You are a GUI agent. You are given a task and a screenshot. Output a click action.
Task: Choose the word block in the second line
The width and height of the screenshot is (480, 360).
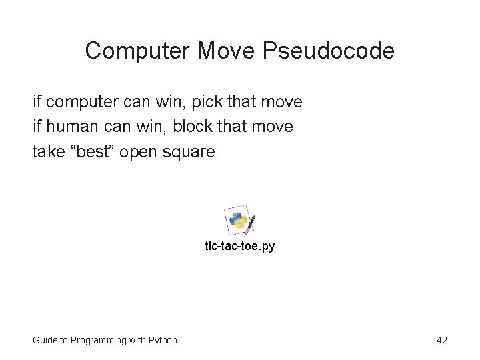tap(191, 127)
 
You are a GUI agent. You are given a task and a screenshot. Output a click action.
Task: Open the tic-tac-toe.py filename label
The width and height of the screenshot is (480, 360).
tap(239, 247)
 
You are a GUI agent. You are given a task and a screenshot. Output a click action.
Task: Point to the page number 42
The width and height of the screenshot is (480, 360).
tap(441, 340)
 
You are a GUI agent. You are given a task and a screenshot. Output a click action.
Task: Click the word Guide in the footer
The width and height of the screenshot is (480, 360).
tap(44, 341)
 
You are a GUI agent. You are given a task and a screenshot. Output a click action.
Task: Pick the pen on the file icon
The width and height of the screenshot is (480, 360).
tap(251, 225)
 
